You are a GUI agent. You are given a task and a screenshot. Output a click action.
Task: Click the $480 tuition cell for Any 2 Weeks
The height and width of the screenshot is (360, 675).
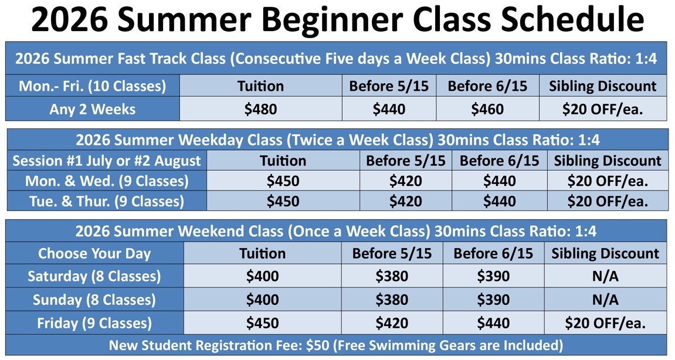pos(260,109)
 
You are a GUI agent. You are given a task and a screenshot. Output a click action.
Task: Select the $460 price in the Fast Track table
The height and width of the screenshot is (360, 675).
pos(487,109)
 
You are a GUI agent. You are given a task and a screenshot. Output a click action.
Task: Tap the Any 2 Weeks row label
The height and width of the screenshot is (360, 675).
pos(92,109)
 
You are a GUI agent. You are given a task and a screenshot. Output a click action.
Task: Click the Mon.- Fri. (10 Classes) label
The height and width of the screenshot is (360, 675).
pos(92,86)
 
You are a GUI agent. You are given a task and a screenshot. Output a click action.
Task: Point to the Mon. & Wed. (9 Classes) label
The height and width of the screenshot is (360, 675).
pos(107,181)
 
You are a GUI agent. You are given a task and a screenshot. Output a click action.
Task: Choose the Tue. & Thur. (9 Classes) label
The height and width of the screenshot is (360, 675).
pos(107,201)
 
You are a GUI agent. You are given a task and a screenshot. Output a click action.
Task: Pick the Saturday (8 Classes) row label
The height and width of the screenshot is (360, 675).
pos(94,276)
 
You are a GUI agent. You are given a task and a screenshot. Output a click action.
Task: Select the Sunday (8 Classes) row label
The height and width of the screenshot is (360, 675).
pos(94,300)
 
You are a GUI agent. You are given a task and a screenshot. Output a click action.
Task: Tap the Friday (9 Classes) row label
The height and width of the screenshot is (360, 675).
pos(94,323)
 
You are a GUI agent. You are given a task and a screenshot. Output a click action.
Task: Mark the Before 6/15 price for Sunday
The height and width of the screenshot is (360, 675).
pos(493,300)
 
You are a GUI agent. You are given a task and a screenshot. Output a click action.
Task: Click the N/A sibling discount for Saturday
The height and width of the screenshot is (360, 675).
pos(605,276)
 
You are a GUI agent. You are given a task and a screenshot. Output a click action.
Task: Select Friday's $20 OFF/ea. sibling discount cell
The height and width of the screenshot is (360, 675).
pos(605,323)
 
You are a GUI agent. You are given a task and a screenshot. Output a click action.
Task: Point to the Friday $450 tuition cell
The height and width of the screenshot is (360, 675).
pos(262,323)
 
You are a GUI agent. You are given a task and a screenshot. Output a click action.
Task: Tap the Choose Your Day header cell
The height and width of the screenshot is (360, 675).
pos(94,253)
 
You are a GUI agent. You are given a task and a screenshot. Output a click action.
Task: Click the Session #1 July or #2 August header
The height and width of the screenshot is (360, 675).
pos(107,161)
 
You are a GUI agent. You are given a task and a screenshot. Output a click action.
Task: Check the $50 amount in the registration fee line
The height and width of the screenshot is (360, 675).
pos(319,345)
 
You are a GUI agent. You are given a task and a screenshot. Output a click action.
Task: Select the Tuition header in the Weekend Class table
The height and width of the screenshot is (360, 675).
pos(262,253)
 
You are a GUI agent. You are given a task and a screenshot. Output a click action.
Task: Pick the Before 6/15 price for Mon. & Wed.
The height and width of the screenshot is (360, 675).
pos(499,181)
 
